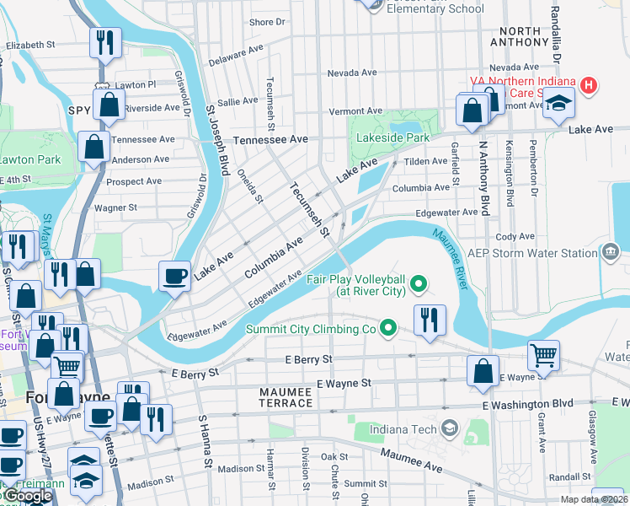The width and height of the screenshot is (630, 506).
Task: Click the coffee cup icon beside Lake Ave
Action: [174, 275]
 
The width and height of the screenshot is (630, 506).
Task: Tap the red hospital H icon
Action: [589, 86]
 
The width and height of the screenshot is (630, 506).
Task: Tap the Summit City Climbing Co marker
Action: [387, 327]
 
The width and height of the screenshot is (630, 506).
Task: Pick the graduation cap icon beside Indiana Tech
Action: [449, 429]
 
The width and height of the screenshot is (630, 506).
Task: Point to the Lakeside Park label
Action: [392, 137]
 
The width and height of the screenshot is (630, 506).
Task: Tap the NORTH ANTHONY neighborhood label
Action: [519, 35]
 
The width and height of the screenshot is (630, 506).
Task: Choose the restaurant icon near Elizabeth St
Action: [105, 42]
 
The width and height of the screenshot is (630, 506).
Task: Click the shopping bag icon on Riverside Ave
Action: [109, 105]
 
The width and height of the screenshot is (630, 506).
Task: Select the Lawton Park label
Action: [30, 159]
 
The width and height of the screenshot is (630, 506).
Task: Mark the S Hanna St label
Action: [205, 441]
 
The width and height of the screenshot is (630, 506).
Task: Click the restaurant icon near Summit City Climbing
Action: [430, 320]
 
